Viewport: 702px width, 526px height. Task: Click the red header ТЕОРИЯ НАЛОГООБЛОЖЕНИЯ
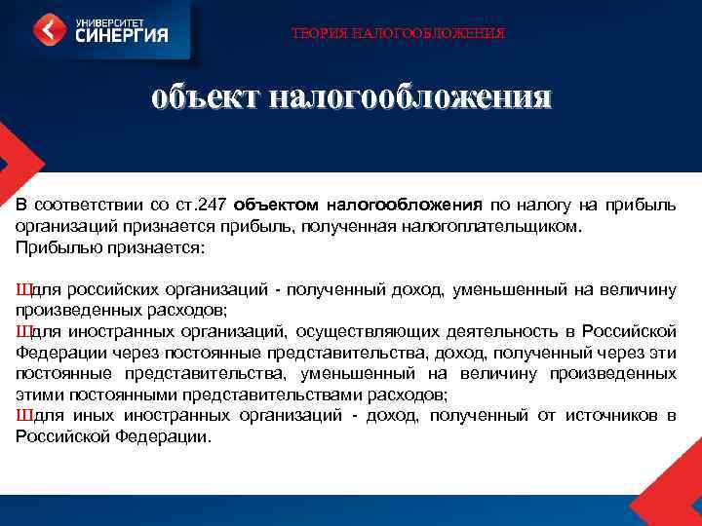398,34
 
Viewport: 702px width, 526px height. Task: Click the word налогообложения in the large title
409,97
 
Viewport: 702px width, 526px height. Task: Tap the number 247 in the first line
211,206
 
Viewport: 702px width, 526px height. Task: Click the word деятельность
508,332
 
